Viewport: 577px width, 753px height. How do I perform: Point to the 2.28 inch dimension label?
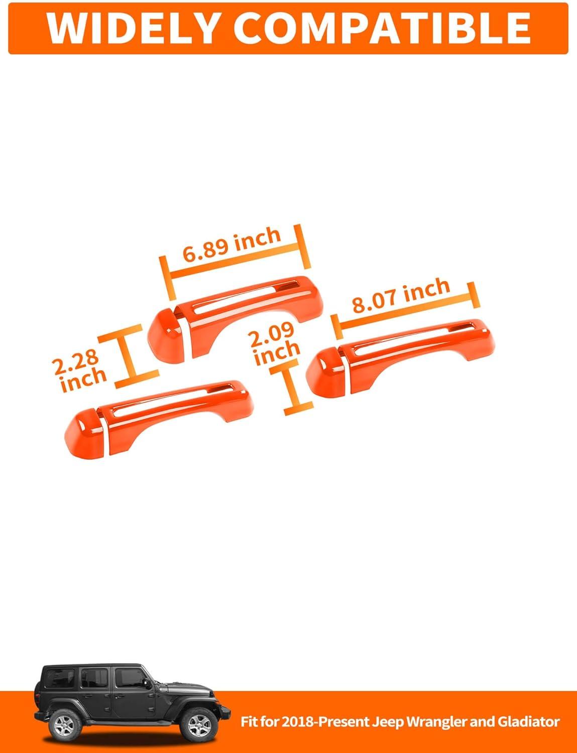[79, 371]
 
